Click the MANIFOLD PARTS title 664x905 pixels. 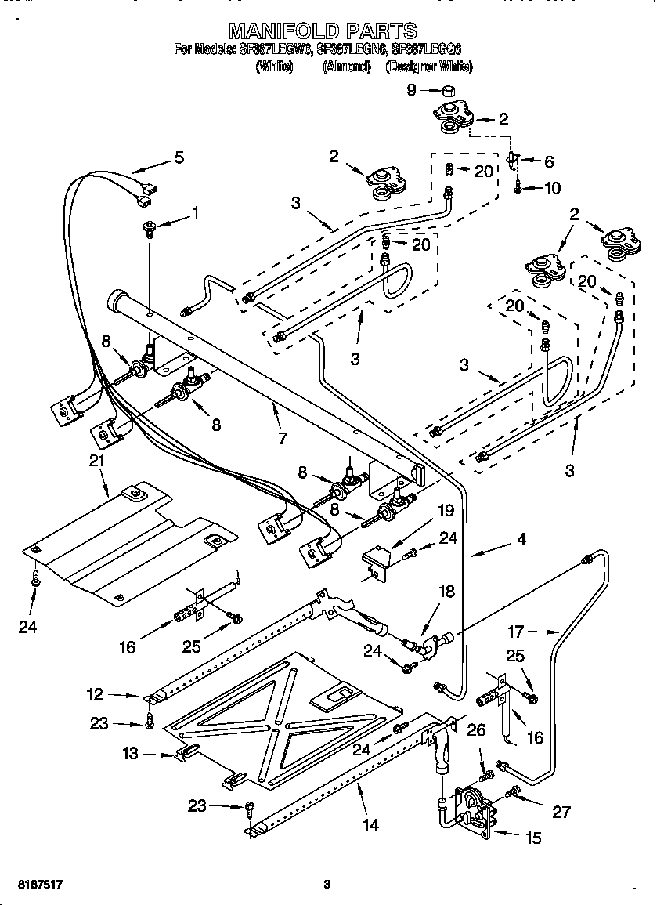[322, 31]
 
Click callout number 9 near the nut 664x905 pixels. [411, 90]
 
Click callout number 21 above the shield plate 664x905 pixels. [96, 461]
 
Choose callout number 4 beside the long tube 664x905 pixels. [521, 539]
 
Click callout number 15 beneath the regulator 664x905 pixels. [532, 838]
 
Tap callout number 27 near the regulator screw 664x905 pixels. [561, 811]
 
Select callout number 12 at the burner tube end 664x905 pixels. [94, 693]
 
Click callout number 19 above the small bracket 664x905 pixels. [445, 511]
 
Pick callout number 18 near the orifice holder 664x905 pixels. [446, 592]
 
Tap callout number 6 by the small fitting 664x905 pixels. [548, 162]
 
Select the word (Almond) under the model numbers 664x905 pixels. [346, 67]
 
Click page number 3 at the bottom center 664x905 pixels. [327, 885]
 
